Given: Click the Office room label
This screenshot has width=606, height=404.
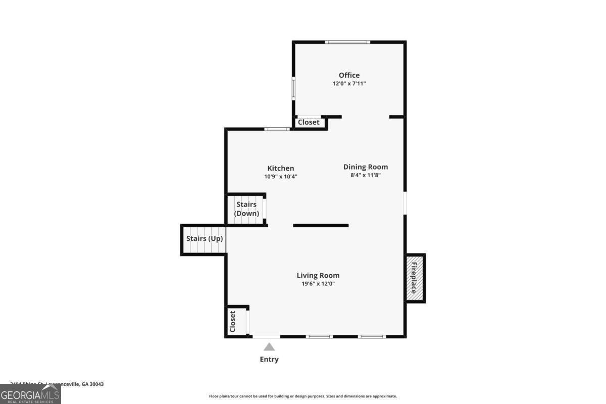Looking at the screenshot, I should point(349,75).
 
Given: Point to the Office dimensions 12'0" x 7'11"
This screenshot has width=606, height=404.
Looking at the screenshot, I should point(349,84).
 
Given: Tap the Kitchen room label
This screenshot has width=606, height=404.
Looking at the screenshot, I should point(280,168).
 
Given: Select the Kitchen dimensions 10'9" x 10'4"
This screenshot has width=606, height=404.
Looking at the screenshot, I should point(280,177).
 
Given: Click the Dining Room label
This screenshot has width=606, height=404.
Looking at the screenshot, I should point(366,167).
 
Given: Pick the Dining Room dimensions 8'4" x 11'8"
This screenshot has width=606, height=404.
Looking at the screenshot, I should point(366,175).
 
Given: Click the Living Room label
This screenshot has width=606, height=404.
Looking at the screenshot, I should point(318,275).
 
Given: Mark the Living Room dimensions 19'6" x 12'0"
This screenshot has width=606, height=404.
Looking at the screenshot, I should point(318,284).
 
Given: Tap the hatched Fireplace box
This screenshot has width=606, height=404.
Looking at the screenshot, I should point(415,278).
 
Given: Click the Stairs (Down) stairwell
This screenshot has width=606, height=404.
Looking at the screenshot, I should point(246,209).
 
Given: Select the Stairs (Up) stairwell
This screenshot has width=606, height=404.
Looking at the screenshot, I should point(204,239).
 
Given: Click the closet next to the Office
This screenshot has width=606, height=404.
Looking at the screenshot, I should point(309,122).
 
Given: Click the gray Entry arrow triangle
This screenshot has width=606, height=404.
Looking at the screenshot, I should point(269,346).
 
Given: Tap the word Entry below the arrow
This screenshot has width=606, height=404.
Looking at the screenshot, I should point(269,360).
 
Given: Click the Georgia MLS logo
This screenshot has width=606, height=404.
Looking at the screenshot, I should point(30,394).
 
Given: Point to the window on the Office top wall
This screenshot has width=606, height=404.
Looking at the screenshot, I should point(347,42).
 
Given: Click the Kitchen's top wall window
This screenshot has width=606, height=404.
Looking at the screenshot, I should point(277,129).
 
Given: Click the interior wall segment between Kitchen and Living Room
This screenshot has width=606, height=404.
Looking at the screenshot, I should point(321,225).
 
